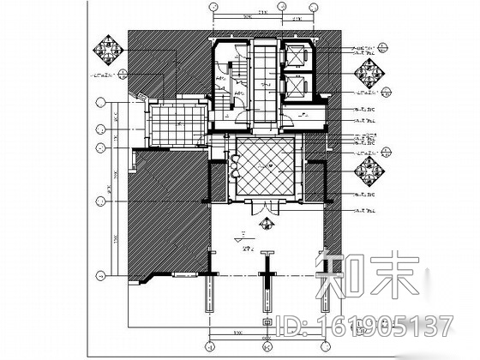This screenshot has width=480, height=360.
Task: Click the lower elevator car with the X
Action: tap(300, 87)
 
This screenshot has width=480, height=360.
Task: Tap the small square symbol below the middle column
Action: tap(267, 323)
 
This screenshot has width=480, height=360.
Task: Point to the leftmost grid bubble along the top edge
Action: tap(213, 9)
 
